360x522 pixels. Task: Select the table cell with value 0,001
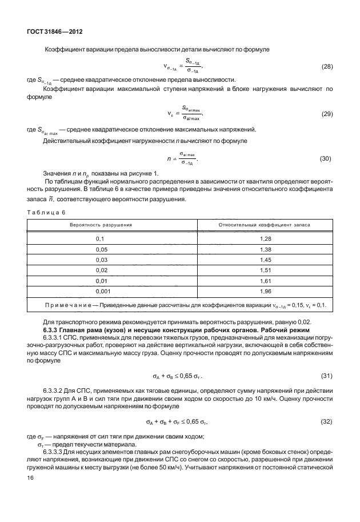(101, 292)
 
